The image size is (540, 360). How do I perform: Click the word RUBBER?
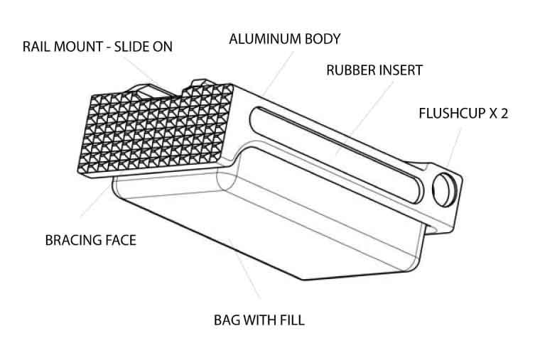click(x=349, y=70)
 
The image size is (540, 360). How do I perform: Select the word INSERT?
click(x=399, y=70)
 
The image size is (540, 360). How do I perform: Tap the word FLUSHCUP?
click(x=452, y=113)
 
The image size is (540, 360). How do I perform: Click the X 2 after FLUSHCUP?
click(x=498, y=113)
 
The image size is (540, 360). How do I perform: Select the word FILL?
click(x=292, y=320)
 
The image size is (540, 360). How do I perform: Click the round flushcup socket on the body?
click(x=444, y=190)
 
